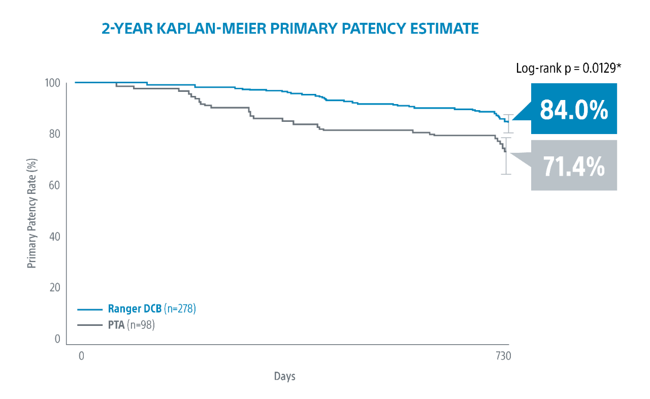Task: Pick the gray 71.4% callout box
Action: pos(574,165)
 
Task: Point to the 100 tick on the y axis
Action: pos(53,83)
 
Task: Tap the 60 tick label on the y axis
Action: pos(55,186)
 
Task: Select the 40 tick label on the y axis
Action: pos(55,237)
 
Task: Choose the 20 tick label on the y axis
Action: pos(55,288)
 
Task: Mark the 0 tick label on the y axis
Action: pos(57,339)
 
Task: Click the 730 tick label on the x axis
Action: pos(503,356)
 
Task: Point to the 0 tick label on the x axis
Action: pos(81,356)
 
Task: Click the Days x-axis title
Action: pos(284,377)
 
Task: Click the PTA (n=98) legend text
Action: pos(131,324)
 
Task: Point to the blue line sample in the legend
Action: pos(90,309)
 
